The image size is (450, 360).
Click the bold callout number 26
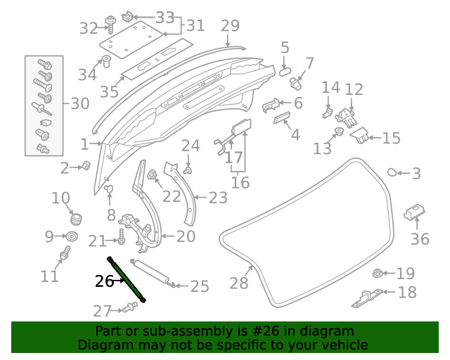click(104, 281)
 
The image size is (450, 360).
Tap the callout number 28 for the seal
click(239, 283)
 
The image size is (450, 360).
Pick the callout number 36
click(420, 239)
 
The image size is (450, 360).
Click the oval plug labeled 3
click(394, 172)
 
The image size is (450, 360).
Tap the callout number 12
click(354, 89)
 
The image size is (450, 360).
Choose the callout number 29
click(230, 26)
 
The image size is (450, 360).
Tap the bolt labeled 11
click(67, 253)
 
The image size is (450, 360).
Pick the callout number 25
click(200, 286)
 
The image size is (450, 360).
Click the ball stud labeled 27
click(129, 307)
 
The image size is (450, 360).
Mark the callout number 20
click(186, 237)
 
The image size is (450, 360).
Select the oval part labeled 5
click(285, 70)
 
